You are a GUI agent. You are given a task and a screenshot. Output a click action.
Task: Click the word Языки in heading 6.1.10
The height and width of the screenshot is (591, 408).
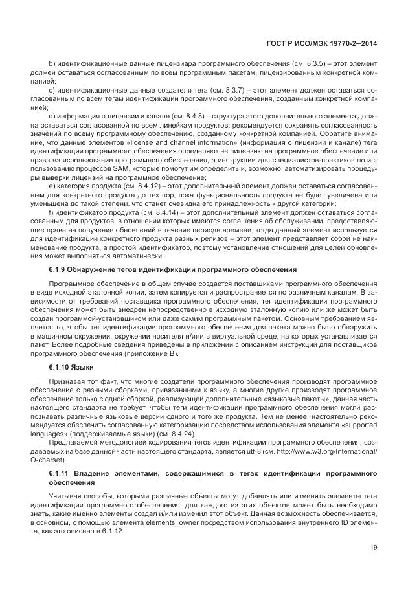[x=83, y=368]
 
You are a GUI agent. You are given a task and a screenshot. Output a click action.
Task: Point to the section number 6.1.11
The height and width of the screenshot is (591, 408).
[x=61, y=474]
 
